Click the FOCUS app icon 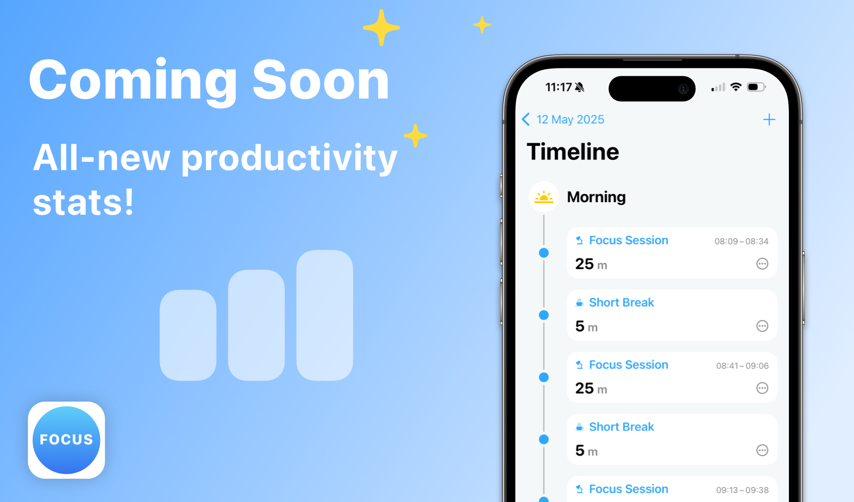[67, 440]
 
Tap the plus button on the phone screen [769, 120]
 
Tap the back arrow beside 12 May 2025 [526, 119]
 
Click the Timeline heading [573, 152]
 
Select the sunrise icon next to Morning [544, 197]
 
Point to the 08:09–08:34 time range [741, 241]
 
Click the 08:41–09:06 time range [742, 366]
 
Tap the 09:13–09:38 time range [742, 490]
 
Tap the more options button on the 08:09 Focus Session [762, 264]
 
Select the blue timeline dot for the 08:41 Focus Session [544, 377]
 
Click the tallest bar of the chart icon [325, 315]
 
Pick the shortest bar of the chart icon [188, 335]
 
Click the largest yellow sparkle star [381, 28]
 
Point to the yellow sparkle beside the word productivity [415, 136]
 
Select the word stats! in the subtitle [83, 203]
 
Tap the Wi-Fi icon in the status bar [736, 87]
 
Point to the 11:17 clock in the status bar [559, 87]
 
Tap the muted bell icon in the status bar [580, 87]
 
